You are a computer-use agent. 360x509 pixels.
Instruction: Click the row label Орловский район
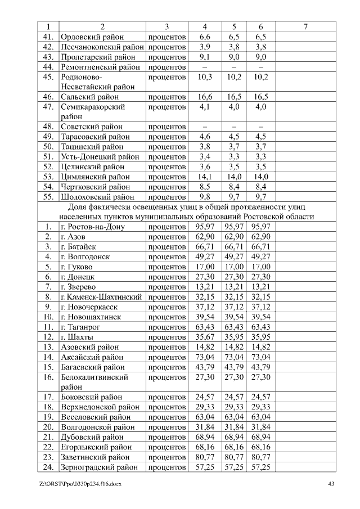tap(92, 37)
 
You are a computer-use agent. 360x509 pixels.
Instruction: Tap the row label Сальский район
tap(89, 97)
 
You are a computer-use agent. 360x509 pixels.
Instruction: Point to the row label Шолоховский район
tap(97, 197)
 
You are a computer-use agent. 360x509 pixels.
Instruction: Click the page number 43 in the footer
tap(331, 484)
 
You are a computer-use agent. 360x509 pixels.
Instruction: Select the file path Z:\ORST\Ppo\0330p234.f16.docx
tap(80, 484)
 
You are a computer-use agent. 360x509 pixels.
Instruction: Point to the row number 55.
tap(48, 197)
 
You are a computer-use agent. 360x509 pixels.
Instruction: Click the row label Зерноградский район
tap(99, 467)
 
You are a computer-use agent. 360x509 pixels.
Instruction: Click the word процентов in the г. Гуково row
tap(167, 267)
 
